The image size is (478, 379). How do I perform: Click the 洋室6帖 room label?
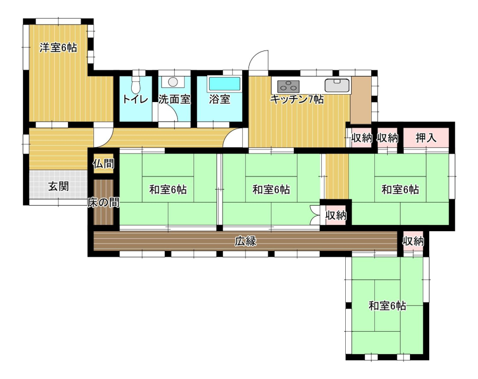pyautogui.click(x=58, y=48)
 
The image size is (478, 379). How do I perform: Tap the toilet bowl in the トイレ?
pyautogui.click(x=135, y=85)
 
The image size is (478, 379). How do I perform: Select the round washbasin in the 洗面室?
pyautogui.click(x=173, y=82)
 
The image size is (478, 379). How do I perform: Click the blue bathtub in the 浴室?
pyautogui.click(x=224, y=84)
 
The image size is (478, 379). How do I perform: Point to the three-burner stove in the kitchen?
pyautogui.click(x=288, y=86)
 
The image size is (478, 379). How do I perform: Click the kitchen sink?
pyautogui.click(x=337, y=85)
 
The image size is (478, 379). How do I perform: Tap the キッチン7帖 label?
pyautogui.click(x=297, y=99)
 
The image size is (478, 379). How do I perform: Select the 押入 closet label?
pyautogui.click(x=426, y=138)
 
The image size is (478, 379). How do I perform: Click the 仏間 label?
pyautogui.click(x=104, y=164)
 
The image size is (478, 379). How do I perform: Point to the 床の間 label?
pyautogui.click(x=104, y=203)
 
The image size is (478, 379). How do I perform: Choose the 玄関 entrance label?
pyautogui.click(x=58, y=186)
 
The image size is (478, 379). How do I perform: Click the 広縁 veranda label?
pyautogui.click(x=245, y=241)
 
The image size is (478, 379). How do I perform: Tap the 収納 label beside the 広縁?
pyautogui.click(x=413, y=241)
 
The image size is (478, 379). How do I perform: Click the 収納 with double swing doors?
pyautogui.click(x=336, y=215)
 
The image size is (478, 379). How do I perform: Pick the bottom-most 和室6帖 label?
pyautogui.click(x=387, y=306)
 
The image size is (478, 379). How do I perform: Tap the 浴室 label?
pyautogui.click(x=219, y=99)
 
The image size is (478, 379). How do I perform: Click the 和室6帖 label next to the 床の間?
pyautogui.click(x=168, y=190)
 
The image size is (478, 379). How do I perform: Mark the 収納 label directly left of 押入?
pyautogui.click(x=388, y=138)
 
